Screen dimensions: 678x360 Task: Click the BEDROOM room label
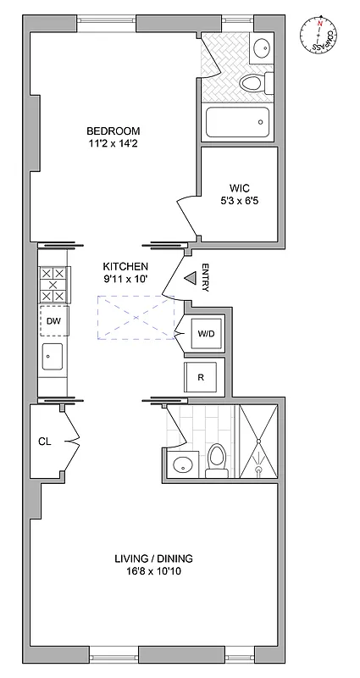coord(113,131)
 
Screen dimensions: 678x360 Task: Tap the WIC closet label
coord(238,187)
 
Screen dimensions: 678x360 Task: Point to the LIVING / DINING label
coord(154,559)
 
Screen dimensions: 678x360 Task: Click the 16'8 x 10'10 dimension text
coord(154,572)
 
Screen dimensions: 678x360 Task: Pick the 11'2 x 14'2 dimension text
coord(113,144)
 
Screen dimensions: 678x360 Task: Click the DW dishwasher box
coord(53,321)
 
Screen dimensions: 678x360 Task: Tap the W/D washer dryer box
coord(207,334)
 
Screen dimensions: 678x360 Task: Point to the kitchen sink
coord(53,358)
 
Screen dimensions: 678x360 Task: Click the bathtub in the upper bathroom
coord(238,122)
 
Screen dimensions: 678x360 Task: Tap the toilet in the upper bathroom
coord(254,83)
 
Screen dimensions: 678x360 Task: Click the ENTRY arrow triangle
coord(190,277)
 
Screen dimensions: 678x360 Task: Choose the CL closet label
coord(45,442)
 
